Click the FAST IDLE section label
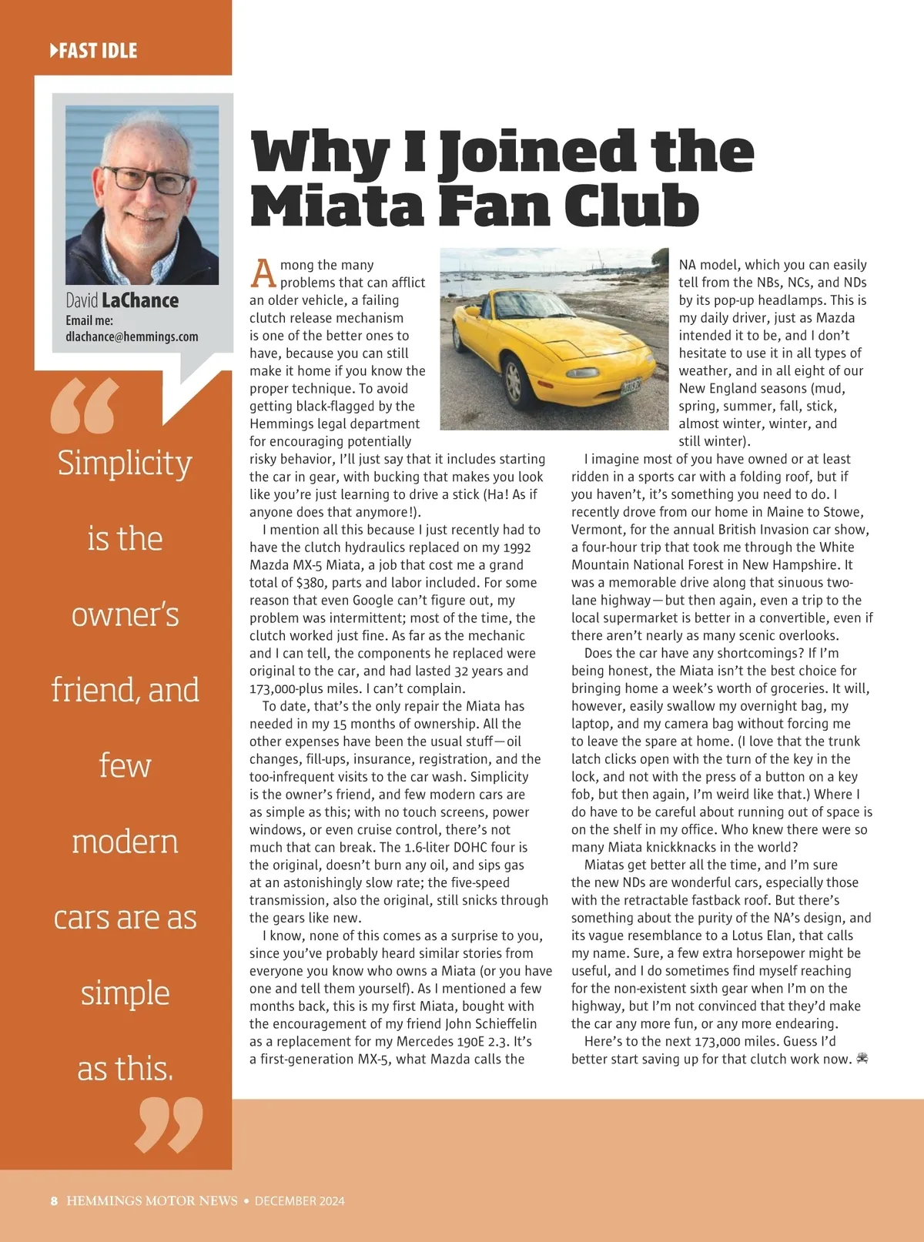point(93,51)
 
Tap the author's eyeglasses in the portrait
point(146,179)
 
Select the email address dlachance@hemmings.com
point(132,336)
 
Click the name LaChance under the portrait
point(140,300)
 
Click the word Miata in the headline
point(337,206)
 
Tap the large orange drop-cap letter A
point(263,273)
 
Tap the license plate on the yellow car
point(631,387)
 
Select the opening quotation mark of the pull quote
point(85,405)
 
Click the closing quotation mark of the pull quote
point(169,1125)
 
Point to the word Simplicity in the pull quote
point(125,464)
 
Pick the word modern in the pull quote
point(125,841)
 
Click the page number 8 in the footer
point(54,1200)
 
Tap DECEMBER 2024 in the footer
point(300,1200)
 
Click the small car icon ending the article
point(862,1059)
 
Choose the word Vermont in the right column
point(596,530)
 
